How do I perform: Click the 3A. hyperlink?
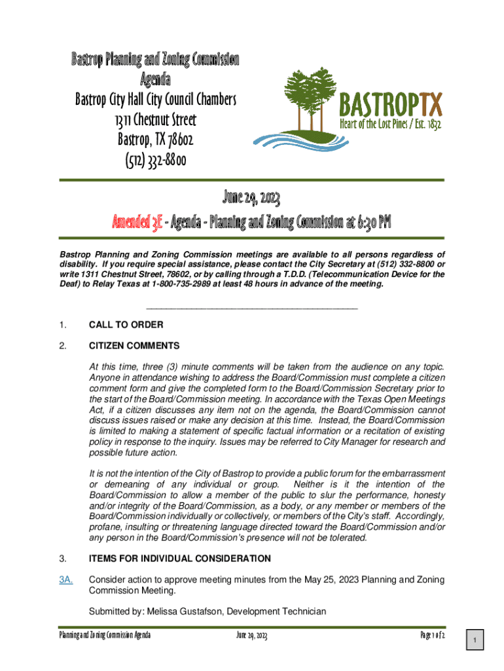coord(65,580)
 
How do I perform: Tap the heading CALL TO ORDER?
coord(126,325)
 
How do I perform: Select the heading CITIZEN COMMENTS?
coord(134,345)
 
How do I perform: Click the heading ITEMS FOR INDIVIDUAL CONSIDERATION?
coord(179,559)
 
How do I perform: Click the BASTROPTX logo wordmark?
coord(391,104)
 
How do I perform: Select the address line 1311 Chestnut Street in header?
coord(155,121)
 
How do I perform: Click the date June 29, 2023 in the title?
coord(252,197)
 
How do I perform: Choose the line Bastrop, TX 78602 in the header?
coord(155,140)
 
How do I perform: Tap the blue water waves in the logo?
coord(295,141)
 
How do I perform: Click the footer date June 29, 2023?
coord(251,636)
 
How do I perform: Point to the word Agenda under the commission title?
coord(155,81)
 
